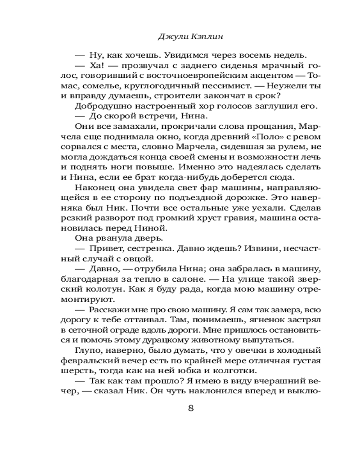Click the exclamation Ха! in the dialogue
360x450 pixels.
(x=96, y=67)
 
